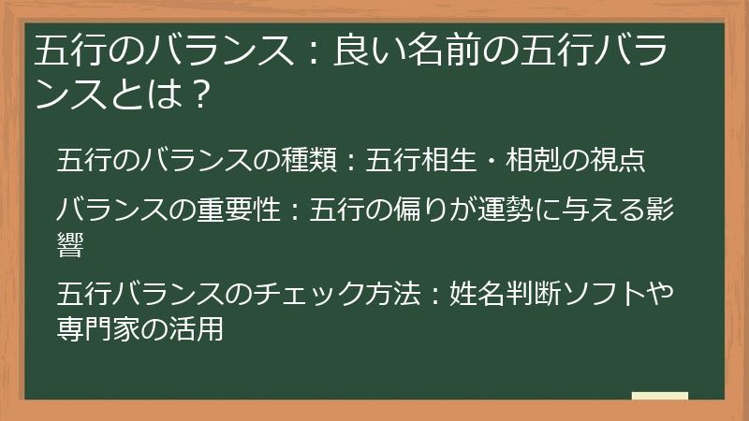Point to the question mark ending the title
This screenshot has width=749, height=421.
tap(193, 94)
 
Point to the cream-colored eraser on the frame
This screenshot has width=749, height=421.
tap(659, 398)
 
